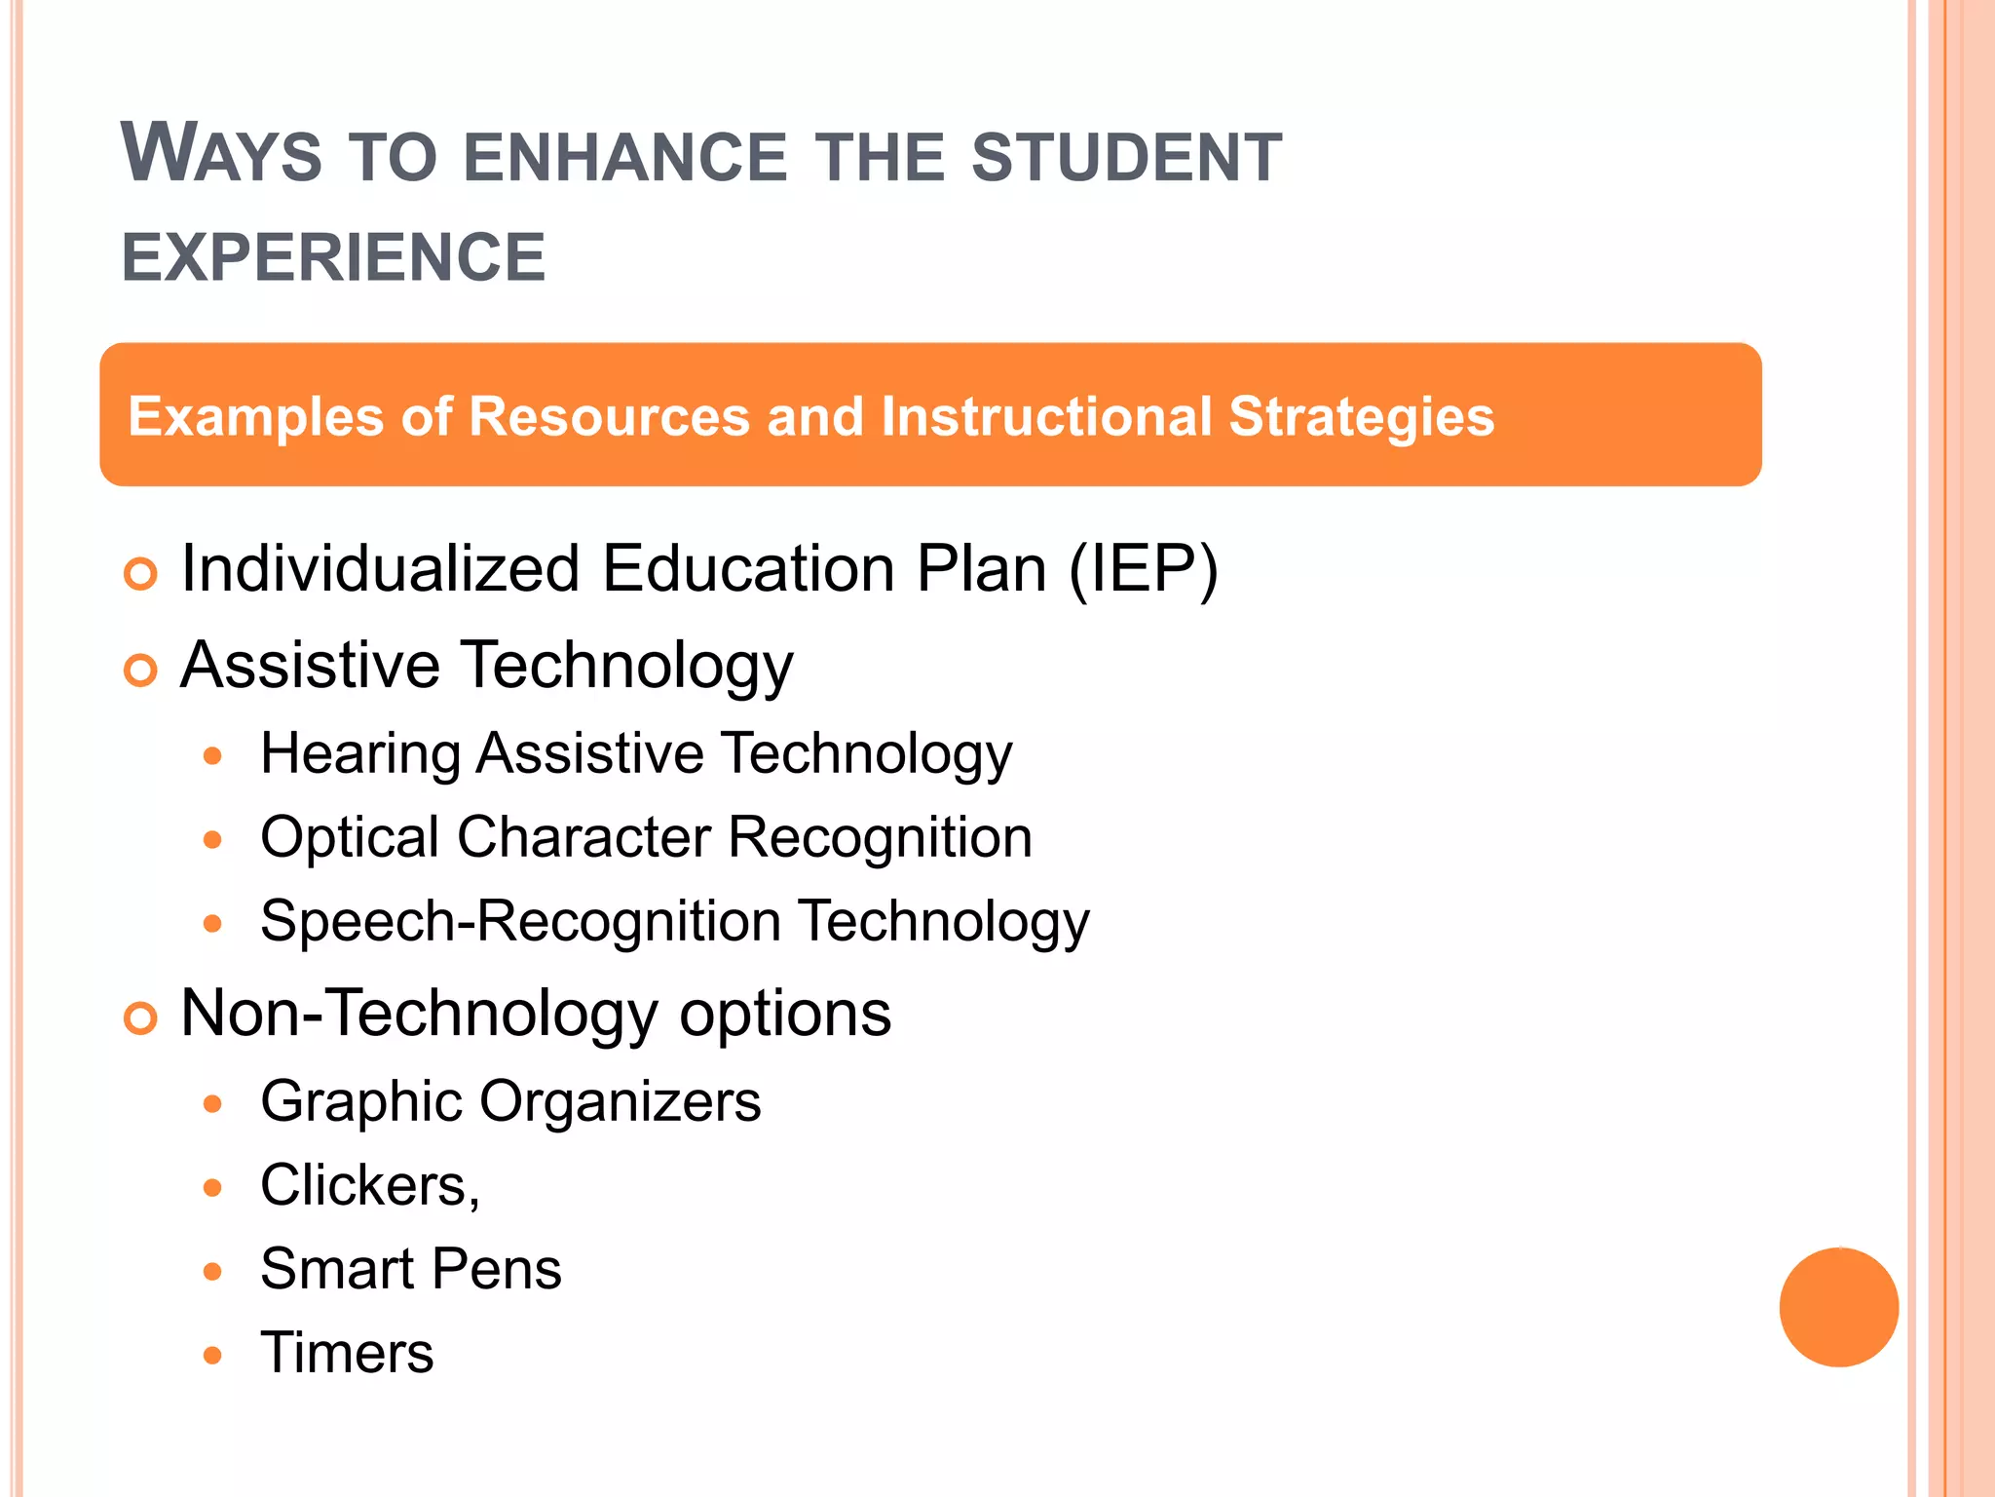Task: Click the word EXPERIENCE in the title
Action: coord(333,258)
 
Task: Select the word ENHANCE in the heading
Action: coord(624,158)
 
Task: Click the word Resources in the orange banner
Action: coord(609,416)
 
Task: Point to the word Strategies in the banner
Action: coord(1361,418)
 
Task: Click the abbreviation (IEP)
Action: coord(1143,569)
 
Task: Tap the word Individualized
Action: coord(380,569)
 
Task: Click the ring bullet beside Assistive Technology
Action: coord(140,671)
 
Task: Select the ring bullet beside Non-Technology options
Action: coord(140,1018)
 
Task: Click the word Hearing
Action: coord(360,755)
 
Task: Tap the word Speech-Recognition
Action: coord(520,922)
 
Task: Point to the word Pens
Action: coord(496,1270)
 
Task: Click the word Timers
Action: coord(347,1354)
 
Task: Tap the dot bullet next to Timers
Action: coord(213,1355)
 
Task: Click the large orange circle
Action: coord(1838,1307)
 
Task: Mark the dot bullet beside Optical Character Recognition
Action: coord(213,839)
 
